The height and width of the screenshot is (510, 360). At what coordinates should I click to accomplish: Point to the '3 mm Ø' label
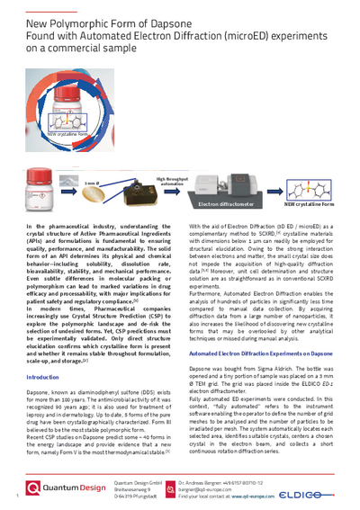click(x=92, y=183)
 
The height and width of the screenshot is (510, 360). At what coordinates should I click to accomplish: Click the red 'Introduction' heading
click(x=42, y=378)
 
